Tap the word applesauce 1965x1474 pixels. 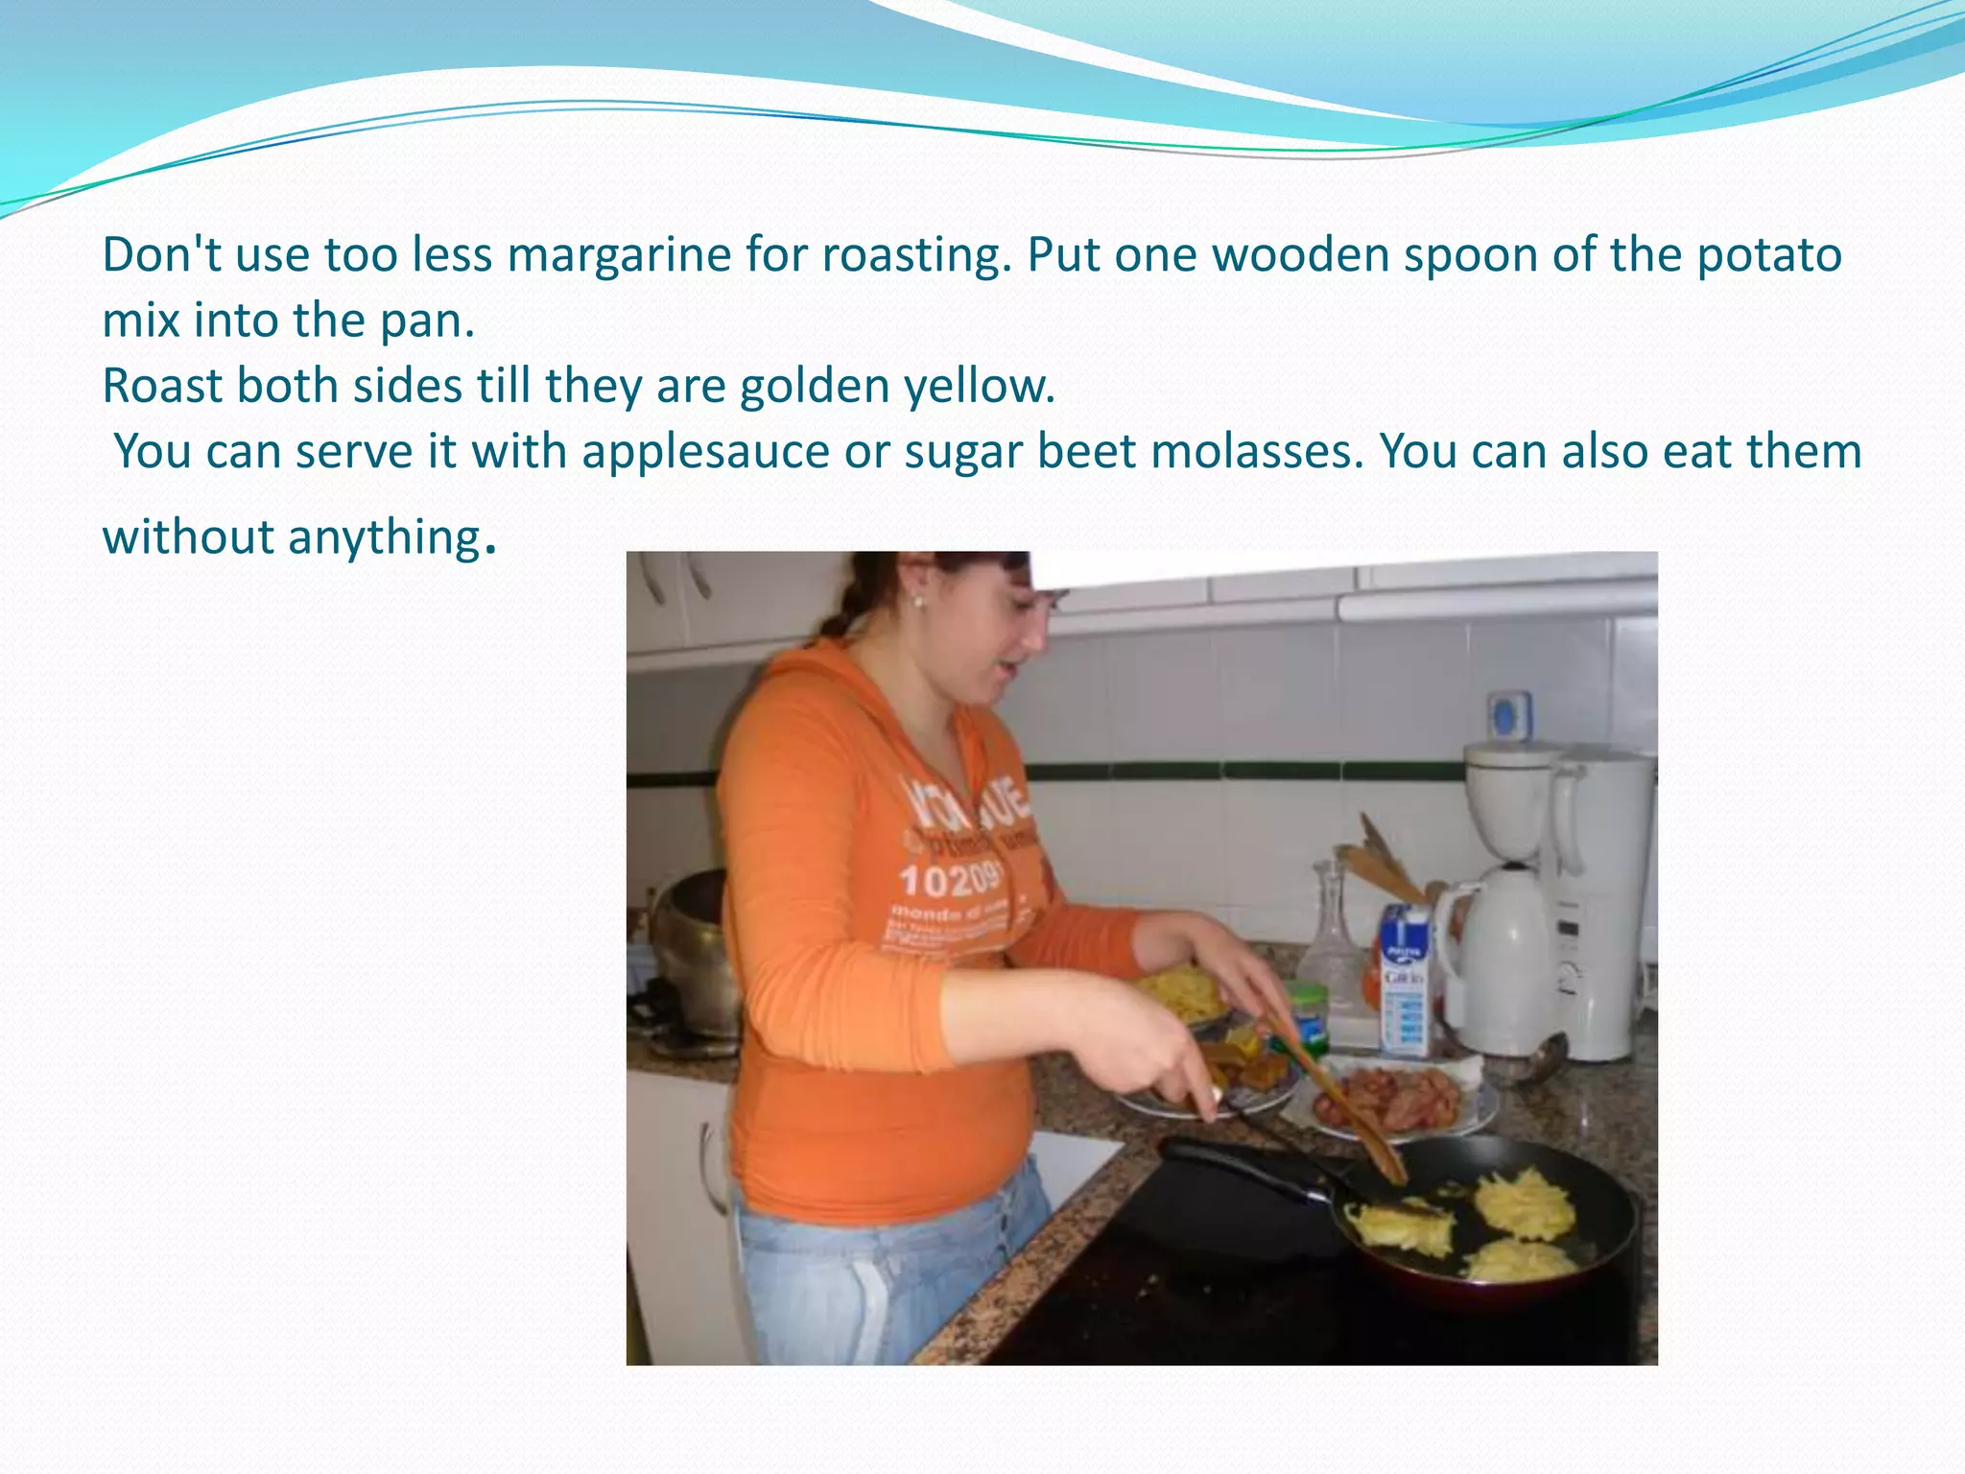[705, 452]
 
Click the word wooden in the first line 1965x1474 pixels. [1300, 256]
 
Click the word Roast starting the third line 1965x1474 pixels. [160, 387]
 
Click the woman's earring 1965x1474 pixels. [917, 603]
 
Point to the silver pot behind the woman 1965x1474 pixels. [696, 950]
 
